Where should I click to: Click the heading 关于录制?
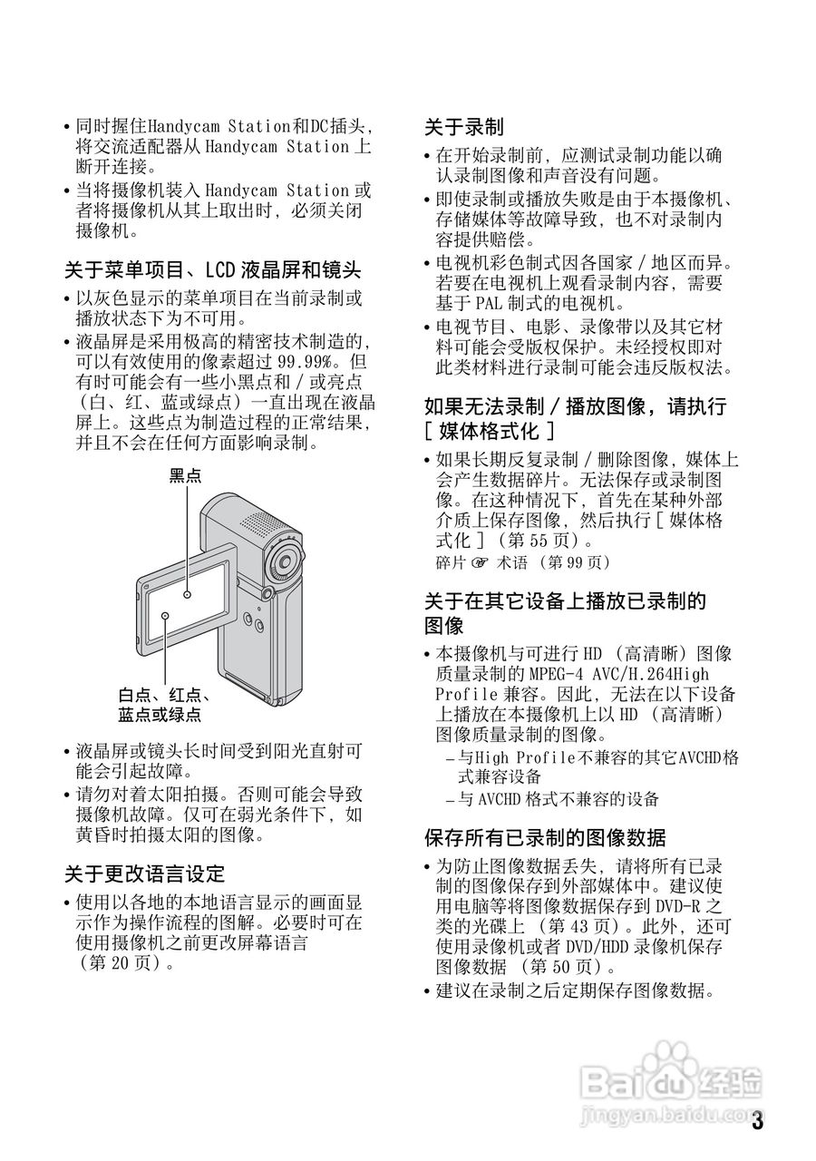pyautogui.click(x=464, y=126)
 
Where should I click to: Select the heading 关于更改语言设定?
pyautogui.click(x=144, y=873)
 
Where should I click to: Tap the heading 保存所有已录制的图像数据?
pyautogui.click(x=545, y=836)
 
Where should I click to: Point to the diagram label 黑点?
pyautogui.click(x=186, y=475)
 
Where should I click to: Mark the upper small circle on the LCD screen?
pyautogui.click(x=187, y=595)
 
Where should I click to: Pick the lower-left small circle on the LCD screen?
pyautogui.click(x=167, y=616)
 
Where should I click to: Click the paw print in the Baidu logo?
pyautogui.click(x=671, y=1063)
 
